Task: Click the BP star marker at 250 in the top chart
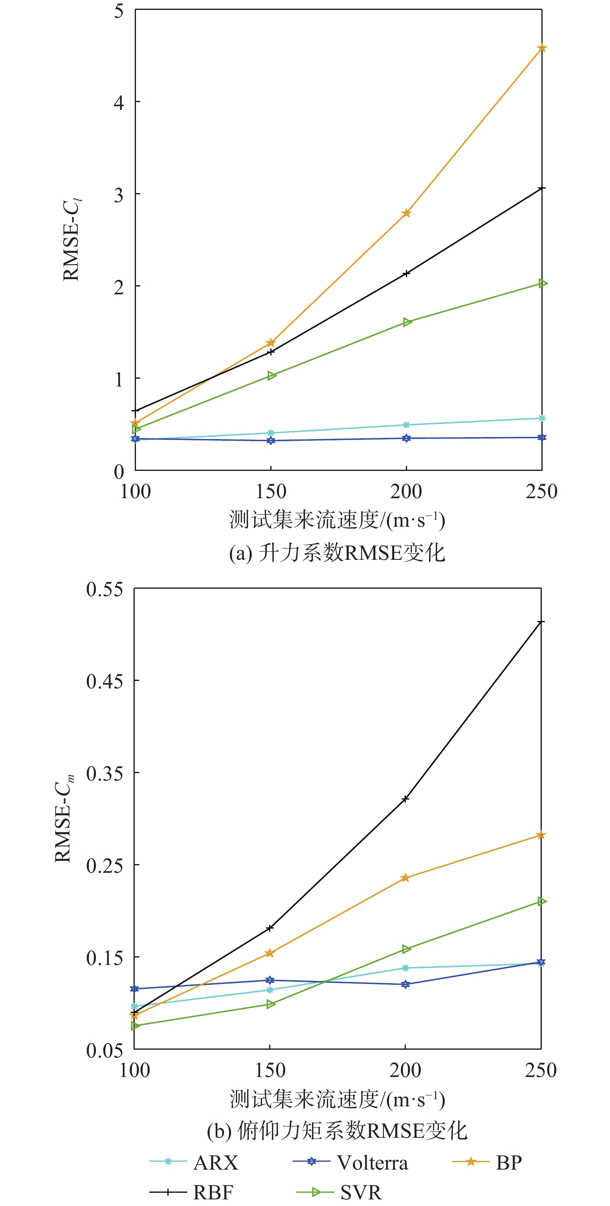(x=542, y=48)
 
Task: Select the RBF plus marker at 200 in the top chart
(x=406, y=273)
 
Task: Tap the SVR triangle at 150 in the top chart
(x=272, y=375)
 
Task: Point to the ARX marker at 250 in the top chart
(x=542, y=418)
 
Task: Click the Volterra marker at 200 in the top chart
(x=406, y=438)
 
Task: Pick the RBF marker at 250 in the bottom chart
(x=541, y=622)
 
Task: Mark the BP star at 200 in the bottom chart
(x=405, y=878)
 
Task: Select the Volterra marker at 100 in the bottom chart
(x=134, y=989)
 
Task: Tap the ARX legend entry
(x=194, y=1163)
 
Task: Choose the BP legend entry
(x=487, y=1163)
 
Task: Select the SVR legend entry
(x=339, y=1192)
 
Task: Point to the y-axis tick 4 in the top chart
(x=119, y=102)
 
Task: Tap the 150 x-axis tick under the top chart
(x=271, y=492)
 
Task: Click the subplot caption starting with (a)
(x=337, y=553)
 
